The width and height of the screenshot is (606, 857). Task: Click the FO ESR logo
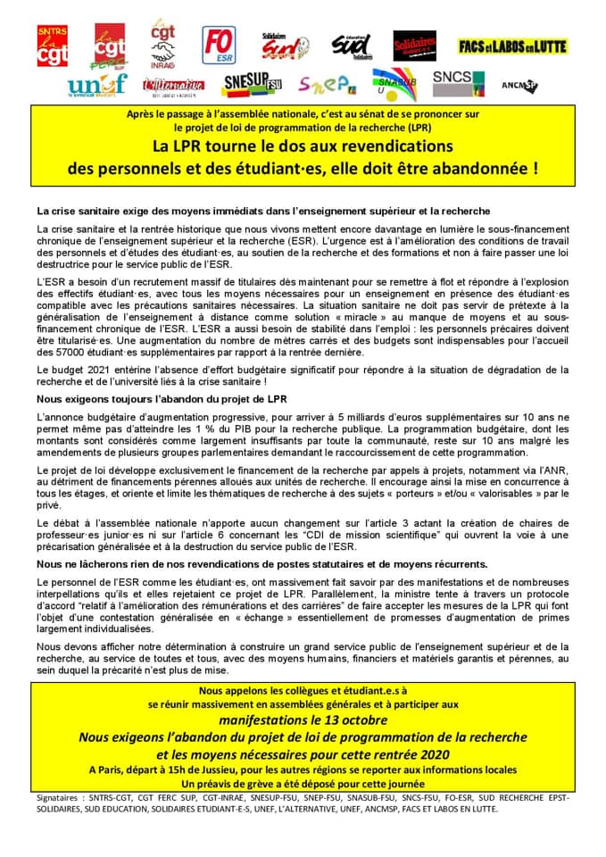219,44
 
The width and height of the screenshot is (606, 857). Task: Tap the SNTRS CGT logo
52,46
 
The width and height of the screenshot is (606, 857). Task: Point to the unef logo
96,85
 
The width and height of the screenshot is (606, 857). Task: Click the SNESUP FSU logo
252,85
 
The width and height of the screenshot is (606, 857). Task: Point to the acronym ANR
554,470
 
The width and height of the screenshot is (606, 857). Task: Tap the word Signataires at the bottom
66,796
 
